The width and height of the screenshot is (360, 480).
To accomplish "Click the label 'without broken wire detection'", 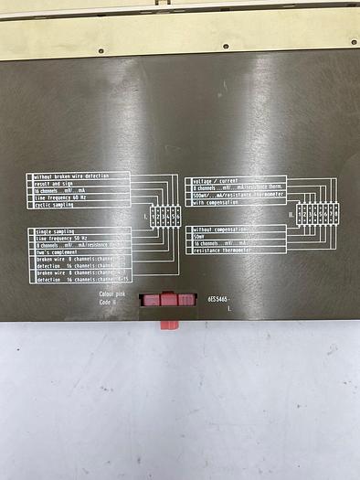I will (78, 176).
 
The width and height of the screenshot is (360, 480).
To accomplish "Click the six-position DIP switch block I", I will (165, 216).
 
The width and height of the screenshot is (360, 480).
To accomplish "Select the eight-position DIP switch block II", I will (314, 216).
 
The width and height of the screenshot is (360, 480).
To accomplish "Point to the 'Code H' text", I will (111, 302).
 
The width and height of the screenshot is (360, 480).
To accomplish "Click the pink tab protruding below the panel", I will (169, 324).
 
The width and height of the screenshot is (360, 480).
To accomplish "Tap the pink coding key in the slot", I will (168, 299).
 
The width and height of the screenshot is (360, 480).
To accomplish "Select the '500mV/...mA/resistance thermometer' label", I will (236, 195).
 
